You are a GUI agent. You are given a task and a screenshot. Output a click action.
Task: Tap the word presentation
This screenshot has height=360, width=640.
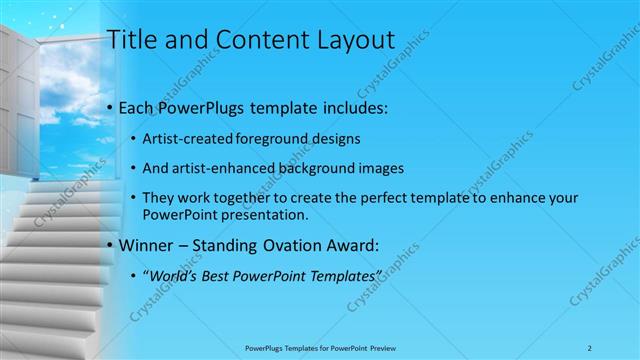click(x=263, y=214)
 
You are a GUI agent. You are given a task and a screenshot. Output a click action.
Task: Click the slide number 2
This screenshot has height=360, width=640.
click(x=591, y=347)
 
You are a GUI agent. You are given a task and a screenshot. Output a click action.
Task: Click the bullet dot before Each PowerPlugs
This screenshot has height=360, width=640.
click(x=108, y=107)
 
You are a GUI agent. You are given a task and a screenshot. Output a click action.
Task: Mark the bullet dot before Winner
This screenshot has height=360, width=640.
click(x=108, y=244)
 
